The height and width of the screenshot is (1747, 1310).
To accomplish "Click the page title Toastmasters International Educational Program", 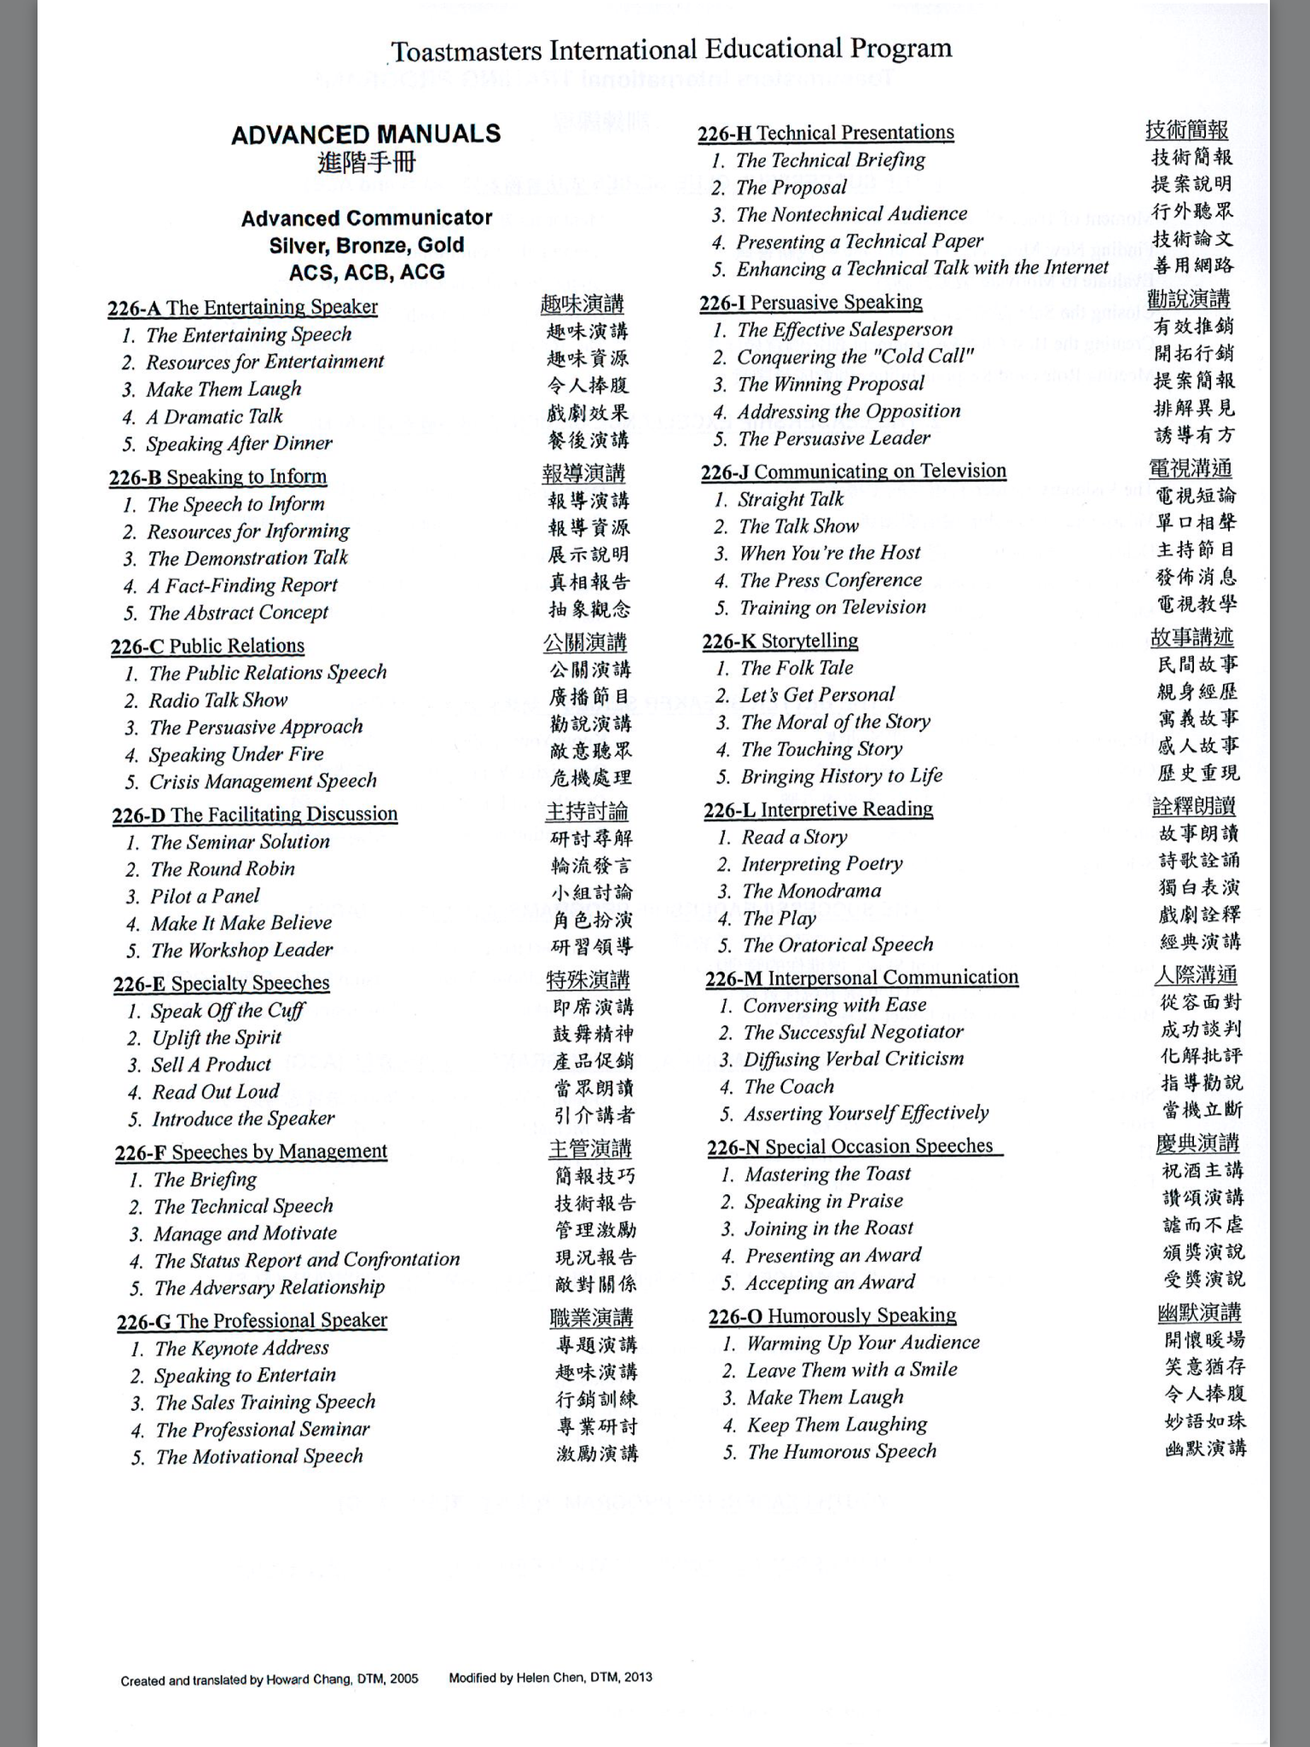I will pyautogui.click(x=671, y=50).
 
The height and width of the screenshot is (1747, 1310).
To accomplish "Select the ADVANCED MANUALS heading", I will pyautogui.click(x=366, y=135).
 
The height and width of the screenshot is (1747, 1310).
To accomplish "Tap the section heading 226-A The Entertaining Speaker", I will pyautogui.click(x=243, y=308).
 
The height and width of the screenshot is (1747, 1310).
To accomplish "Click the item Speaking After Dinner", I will pyautogui.click(x=239, y=444).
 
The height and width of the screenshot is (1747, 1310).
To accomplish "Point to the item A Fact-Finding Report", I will pyautogui.click(x=242, y=586).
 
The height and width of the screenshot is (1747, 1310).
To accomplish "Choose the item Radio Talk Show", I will pyautogui.click(x=218, y=700).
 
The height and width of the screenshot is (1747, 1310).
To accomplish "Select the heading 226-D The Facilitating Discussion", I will pyautogui.click(x=255, y=815).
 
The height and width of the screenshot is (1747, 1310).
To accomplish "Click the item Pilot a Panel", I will pyautogui.click(x=205, y=897).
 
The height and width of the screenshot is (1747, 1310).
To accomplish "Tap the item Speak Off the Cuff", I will pyautogui.click(x=228, y=1011).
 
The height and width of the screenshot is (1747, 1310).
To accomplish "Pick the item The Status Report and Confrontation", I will pyautogui.click(x=307, y=1260).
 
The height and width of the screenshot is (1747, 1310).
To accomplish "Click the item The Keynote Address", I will pyautogui.click(x=241, y=1349).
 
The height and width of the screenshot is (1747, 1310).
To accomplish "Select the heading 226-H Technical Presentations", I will pyautogui.click(x=826, y=133).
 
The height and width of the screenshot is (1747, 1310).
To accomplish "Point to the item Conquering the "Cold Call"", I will pyautogui.click(x=855, y=357).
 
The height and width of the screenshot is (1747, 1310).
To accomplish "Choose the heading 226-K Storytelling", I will pyautogui.click(x=780, y=641).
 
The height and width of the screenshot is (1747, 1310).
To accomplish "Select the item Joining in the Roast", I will pyautogui.click(x=829, y=1228).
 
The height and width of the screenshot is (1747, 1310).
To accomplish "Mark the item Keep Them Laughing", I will pyautogui.click(x=837, y=1425).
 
